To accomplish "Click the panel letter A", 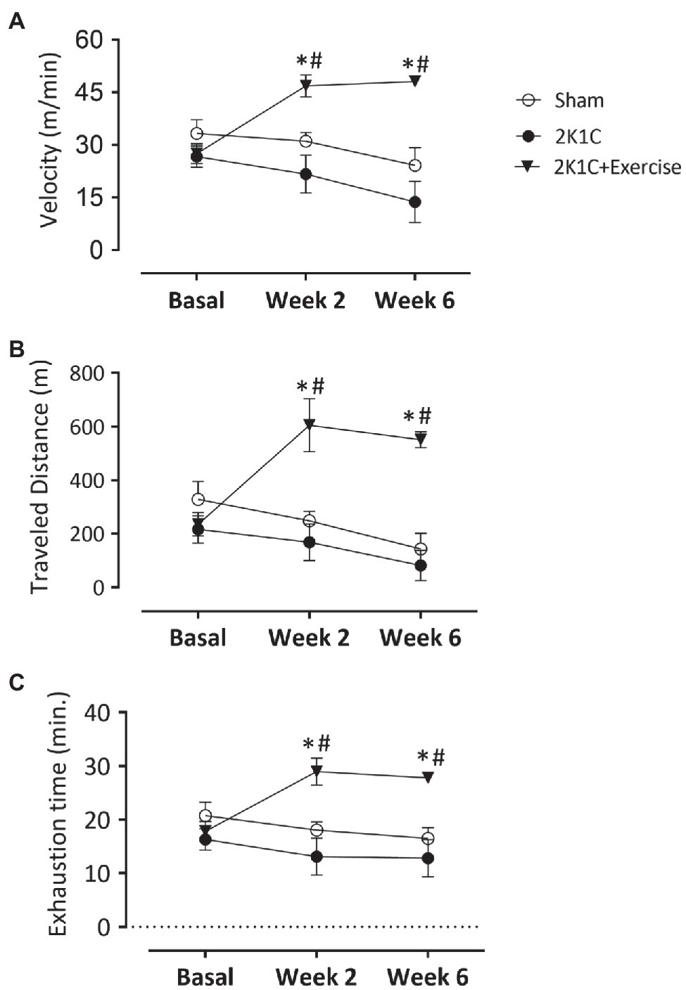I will coord(16,22).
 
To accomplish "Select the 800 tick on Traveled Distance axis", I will coord(87,373).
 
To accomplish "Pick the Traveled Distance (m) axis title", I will coord(39,478).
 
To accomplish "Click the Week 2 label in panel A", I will coord(305,301).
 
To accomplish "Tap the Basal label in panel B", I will coord(198,638).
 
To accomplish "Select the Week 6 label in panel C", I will coord(427,977).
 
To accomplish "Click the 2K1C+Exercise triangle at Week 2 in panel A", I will coord(305,86).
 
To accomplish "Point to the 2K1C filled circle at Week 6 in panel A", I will coord(415,202).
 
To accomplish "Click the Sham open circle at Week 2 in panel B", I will coord(309,521).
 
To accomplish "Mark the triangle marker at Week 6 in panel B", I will coord(421,439).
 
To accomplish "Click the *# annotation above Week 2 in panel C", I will coord(316,743).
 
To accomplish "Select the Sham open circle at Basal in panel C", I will coord(205,816).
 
